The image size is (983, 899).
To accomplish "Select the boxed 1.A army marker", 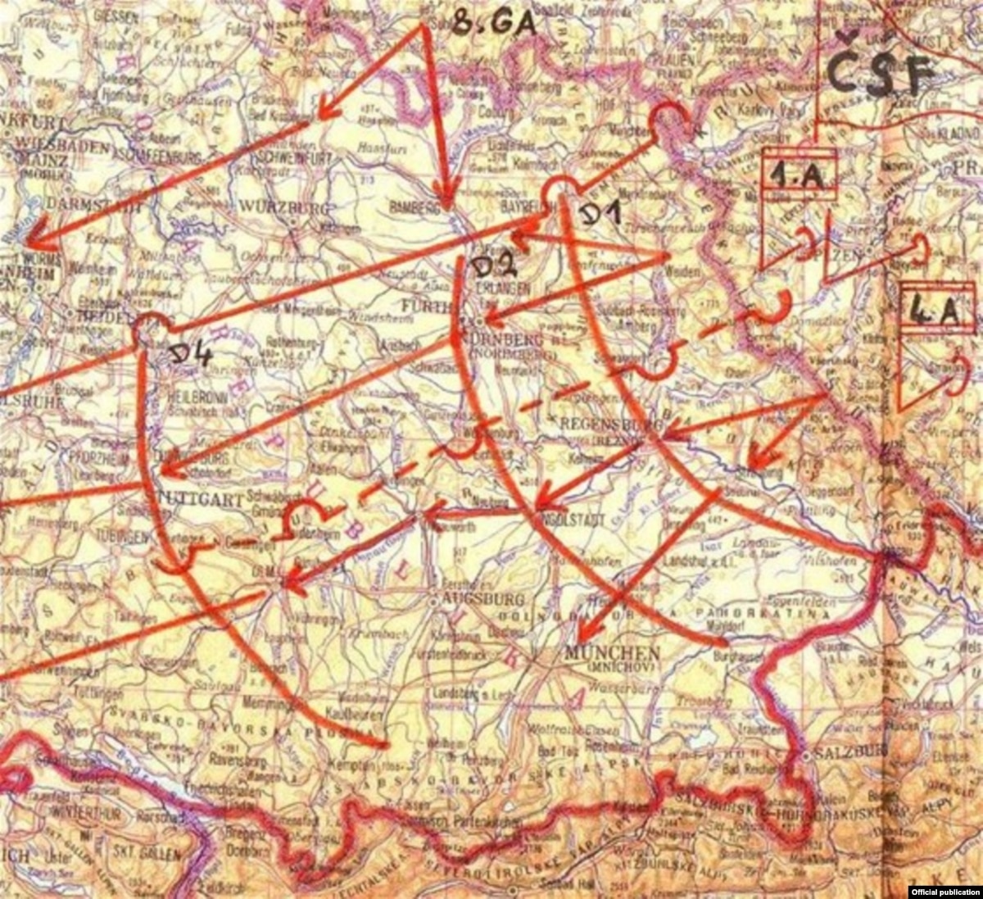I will [x=799, y=174].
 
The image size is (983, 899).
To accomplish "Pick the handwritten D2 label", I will [x=496, y=266].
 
